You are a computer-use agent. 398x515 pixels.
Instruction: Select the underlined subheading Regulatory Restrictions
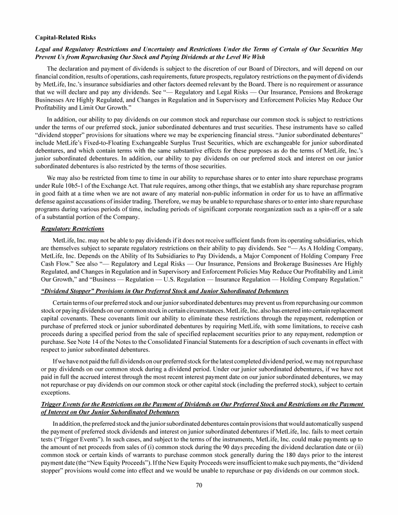72,229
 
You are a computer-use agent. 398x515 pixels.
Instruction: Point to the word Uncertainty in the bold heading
155,49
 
